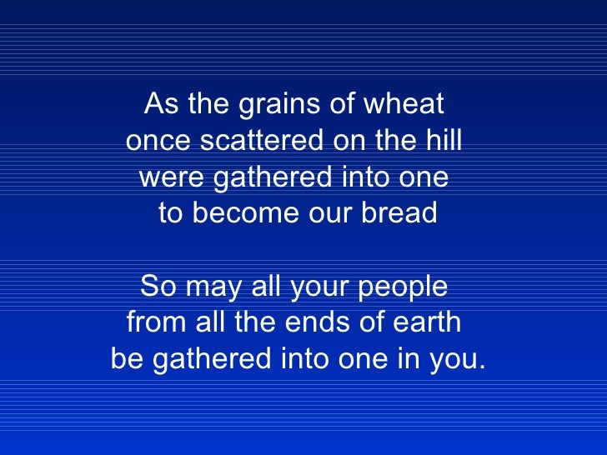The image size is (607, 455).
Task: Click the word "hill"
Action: pos(442,142)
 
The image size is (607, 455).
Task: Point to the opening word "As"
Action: pos(160,105)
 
